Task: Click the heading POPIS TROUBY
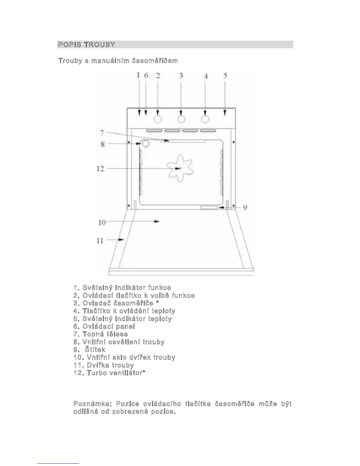(86, 45)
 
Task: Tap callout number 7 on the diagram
(102, 133)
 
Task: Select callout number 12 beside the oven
(100, 169)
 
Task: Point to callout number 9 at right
(245, 208)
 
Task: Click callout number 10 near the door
(102, 222)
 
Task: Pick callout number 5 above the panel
(225, 76)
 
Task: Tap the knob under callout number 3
(181, 119)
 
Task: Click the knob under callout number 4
(205, 119)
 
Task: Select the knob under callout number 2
(158, 119)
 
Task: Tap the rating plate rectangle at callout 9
(209, 208)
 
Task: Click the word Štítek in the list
(95, 350)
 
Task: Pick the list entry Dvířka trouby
(110, 365)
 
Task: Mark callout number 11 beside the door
(100, 241)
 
